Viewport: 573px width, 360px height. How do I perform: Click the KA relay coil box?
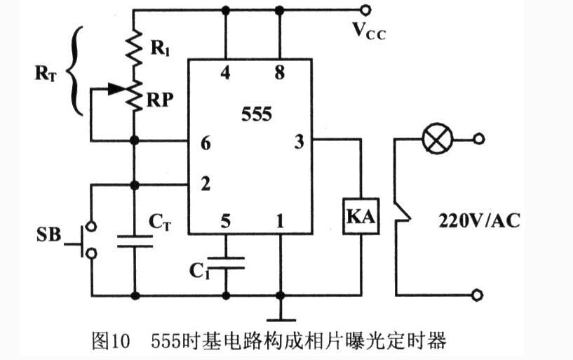(x=360, y=218)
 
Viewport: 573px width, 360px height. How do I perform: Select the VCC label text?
(x=368, y=30)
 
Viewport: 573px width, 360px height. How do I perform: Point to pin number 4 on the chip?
(x=225, y=73)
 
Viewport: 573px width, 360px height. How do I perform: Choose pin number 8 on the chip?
(x=280, y=73)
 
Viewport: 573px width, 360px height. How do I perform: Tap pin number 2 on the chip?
(x=205, y=185)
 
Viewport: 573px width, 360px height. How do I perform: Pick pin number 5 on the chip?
(x=225, y=222)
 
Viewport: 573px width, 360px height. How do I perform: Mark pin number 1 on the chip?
(x=280, y=222)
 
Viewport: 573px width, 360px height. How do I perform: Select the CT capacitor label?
(x=160, y=221)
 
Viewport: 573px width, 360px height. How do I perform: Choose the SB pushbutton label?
(x=48, y=233)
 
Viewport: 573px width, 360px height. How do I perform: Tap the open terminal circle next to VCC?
(x=365, y=10)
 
